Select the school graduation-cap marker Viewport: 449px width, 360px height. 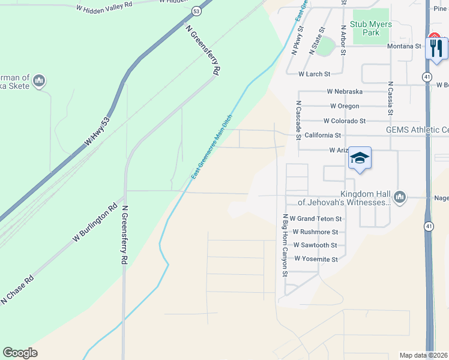(x=360, y=158)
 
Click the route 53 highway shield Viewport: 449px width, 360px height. (x=196, y=11)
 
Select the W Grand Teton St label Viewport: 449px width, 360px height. (x=315, y=219)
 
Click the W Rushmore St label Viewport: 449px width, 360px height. (x=315, y=232)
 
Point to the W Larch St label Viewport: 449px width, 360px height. (x=314, y=74)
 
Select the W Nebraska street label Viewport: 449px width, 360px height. (x=345, y=91)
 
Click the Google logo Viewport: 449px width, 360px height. (x=20, y=353)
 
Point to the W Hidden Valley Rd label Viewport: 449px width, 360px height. (x=105, y=8)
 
